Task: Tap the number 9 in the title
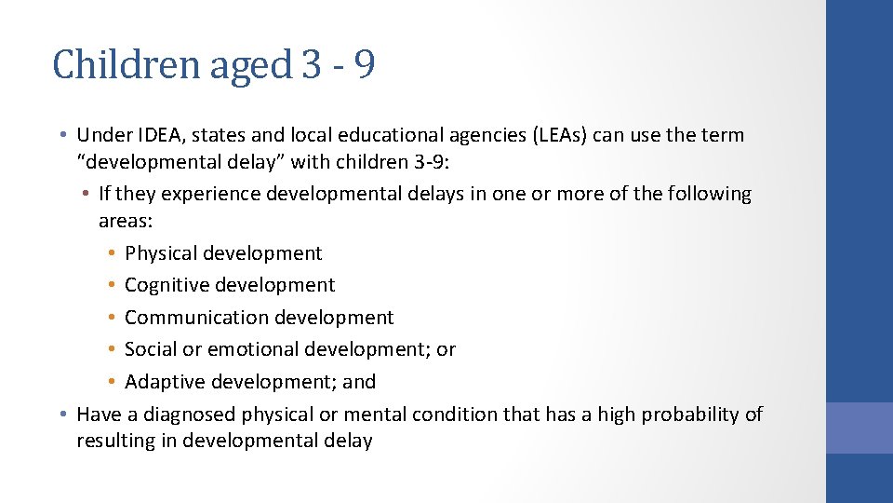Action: (365, 65)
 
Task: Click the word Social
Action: (150, 349)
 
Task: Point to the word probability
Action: (688, 414)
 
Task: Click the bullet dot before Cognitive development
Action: (111, 285)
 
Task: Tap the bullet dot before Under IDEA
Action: (61, 135)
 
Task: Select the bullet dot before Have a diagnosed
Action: (61, 414)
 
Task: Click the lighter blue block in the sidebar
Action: (859, 428)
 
